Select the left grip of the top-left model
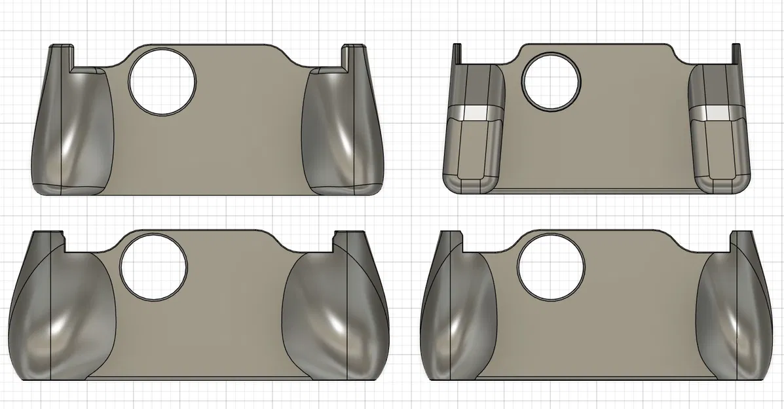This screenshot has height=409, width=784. coord(72,131)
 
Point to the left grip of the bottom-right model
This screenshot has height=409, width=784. coord(458,314)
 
